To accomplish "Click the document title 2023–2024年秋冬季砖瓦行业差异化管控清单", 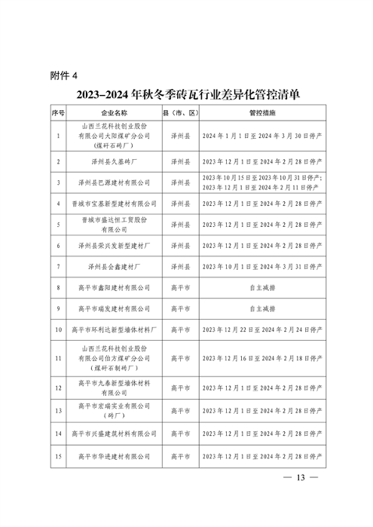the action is (187, 96).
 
